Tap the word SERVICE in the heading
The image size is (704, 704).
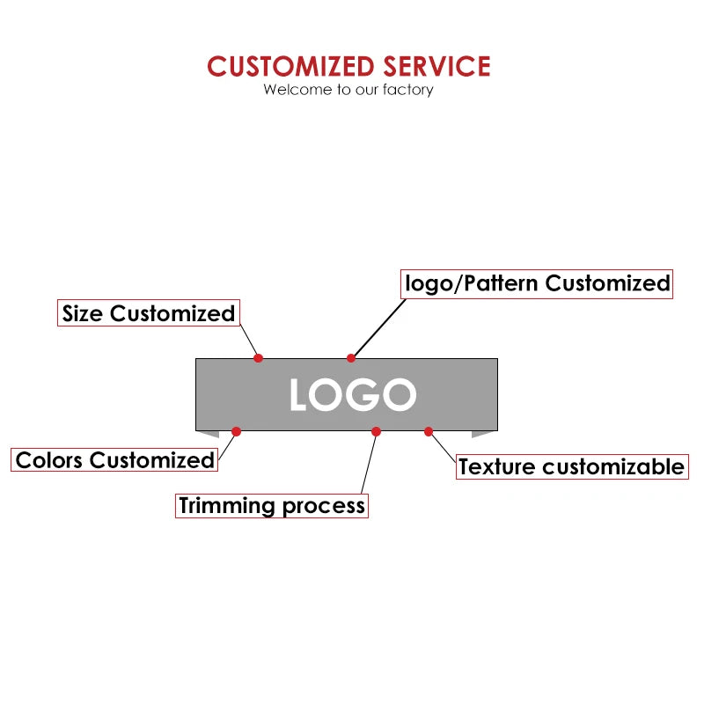point(436,67)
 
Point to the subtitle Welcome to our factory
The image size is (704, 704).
point(348,89)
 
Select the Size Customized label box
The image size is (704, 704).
point(149,313)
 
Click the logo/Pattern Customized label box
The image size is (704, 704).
point(537,283)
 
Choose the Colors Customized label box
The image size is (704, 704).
point(114,459)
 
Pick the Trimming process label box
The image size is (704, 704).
point(271,505)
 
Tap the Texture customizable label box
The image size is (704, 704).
point(571,466)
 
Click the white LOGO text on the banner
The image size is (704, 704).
point(352,395)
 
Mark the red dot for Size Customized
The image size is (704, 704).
point(259,357)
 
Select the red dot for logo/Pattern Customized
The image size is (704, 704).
point(351,357)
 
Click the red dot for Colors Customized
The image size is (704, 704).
point(236,431)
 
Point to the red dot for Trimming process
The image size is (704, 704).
point(376,431)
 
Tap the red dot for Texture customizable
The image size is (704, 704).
point(429,431)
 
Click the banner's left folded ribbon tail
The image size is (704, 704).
point(209,434)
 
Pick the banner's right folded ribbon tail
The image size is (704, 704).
point(483,434)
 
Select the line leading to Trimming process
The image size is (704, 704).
point(369,462)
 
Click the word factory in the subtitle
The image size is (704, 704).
point(407,89)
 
